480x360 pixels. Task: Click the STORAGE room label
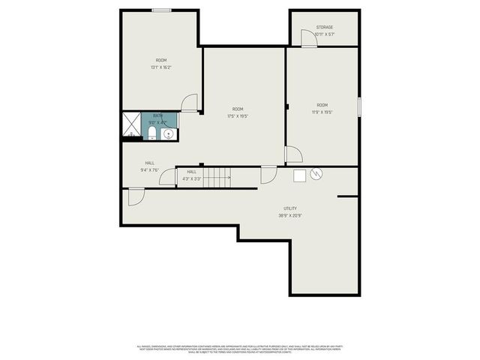pos(324,27)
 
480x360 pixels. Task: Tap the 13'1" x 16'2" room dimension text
pos(161,67)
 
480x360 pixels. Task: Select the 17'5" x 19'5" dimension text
pos(238,116)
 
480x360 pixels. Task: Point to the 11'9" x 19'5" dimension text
pos(322,112)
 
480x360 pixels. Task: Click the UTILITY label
pos(289,208)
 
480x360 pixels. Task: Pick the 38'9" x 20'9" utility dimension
pos(289,216)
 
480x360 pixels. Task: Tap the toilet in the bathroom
pos(151,133)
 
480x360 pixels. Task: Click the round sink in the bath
pos(169,134)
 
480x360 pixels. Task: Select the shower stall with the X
pos(131,125)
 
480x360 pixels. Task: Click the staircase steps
pos(217,177)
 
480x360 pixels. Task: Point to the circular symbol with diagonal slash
pos(316,174)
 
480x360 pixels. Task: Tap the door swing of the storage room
pos(308,38)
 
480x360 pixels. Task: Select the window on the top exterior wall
pos(161,10)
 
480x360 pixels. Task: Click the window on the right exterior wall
pos(360,106)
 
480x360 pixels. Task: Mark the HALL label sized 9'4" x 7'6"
pos(150,166)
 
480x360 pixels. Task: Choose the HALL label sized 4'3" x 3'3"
pos(191,175)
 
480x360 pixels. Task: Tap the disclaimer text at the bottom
pos(240,348)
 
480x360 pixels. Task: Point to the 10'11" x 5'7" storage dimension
pos(324,34)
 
